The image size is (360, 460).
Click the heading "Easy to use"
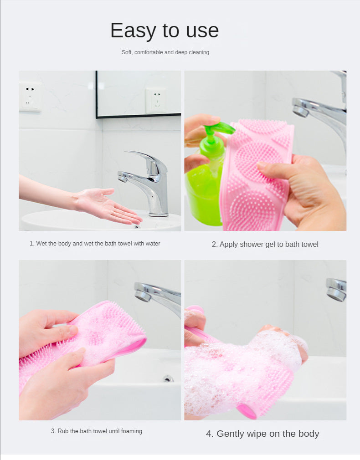coord(165,31)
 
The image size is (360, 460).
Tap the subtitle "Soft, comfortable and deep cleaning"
coord(165,52)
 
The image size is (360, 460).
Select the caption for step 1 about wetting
coord(95,244)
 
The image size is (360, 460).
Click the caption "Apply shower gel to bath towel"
coord(265,245)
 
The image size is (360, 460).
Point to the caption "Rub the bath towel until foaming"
coord(96,431)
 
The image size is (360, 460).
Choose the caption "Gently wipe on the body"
coord(262,434)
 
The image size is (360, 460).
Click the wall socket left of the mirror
coord(31,97)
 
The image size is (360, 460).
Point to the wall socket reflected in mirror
coord(155,100)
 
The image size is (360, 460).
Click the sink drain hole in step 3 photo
coord(168,378)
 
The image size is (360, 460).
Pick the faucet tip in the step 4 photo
coord(336,290)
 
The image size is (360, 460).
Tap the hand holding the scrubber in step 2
coord(310,191)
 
